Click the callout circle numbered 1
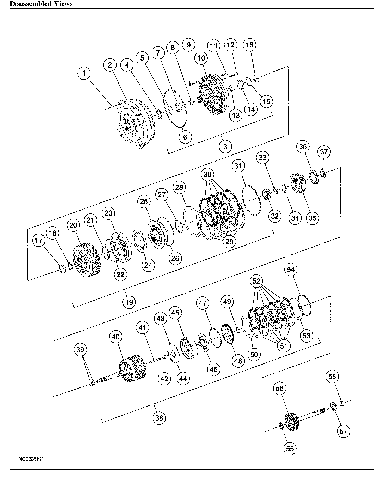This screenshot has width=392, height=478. click(84, 74)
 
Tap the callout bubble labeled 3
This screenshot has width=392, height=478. click(225, 146)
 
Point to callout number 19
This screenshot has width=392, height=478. click(129, 302)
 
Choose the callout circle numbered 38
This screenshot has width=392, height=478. click(159, 418)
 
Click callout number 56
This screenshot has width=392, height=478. click(279, 388)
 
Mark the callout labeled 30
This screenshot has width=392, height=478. click(207, 174)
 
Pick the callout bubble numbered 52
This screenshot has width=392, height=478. click(256, 281)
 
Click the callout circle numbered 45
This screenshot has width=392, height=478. click(175, 313)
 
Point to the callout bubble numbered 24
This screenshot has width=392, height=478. click(148, 265)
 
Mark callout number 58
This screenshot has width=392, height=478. click(332, 376)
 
